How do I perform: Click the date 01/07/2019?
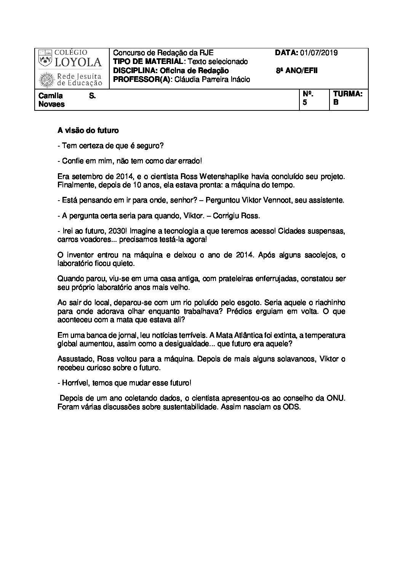318,53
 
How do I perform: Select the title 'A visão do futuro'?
88,131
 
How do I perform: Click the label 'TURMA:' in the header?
348,94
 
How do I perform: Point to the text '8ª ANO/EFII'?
297,71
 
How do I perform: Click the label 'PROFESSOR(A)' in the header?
141,80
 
